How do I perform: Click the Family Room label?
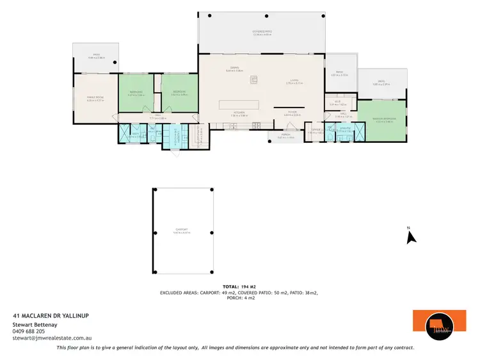(x=95, y=98)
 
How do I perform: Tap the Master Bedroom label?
(x=381, y=119)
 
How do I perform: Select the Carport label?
(x=182, y=231)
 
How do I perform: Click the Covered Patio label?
(x=262, y=33)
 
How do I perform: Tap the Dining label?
(x=233, y=69)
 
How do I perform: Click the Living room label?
(x=292, y=81)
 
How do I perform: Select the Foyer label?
(x=292, y=113)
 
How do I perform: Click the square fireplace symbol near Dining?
(x=253, y=80)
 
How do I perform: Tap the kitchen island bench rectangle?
(x=239, y=104)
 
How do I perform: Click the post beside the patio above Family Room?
(x=115, y=62)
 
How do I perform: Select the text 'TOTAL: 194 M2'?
(x=239, y=286)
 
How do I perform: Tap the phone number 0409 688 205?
(x=31, y=331)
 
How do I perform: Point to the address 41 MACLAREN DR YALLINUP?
(x=51, y=316)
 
